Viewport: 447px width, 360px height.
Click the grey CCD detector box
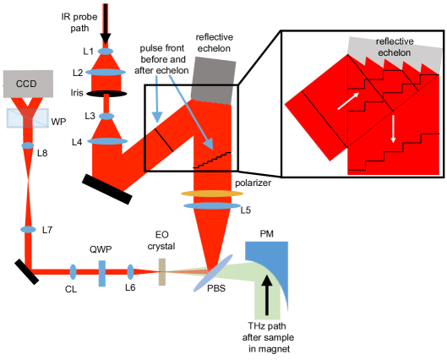point(28,84)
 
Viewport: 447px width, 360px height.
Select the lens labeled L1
point(106,52)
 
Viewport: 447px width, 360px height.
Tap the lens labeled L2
point(106,73)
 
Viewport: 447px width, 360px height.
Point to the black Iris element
point(106,94)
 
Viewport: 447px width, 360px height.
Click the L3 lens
point(106,117)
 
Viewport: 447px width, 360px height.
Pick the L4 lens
point(107,141)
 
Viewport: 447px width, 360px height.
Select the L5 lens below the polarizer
point(212,206)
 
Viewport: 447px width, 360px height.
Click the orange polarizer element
point(212,194)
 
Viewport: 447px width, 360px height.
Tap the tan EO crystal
point(162,272)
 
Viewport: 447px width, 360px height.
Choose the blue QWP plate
point(102,273)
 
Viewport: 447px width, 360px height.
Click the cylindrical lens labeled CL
point(73,271)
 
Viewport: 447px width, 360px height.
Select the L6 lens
point(130,272)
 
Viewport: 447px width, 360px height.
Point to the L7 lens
point(28,230)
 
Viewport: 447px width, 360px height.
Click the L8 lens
point(28,145)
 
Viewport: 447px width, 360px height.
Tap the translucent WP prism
point(28,118)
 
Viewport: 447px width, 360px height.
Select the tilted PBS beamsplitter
point(213,273)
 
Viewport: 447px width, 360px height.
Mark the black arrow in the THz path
point(267,295)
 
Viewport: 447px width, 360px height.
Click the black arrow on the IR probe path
point(106,24)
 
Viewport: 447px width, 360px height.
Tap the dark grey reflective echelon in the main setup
point(213,80)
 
